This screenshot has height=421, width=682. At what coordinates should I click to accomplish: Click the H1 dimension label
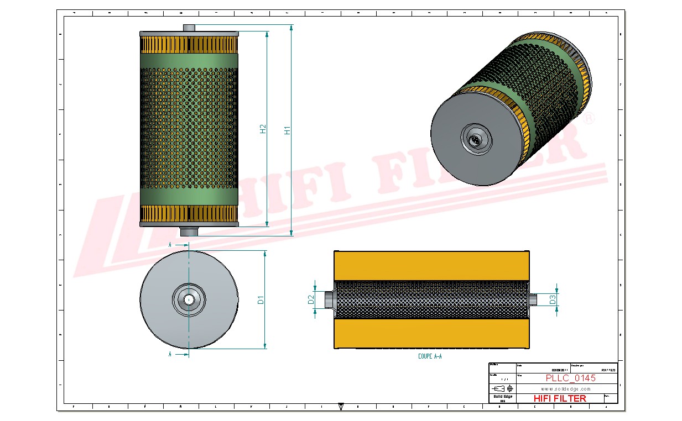coord(287,130)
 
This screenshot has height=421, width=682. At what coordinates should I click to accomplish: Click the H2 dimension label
coord(263,128)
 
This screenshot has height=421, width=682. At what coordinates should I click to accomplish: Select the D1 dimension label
coord(261,299)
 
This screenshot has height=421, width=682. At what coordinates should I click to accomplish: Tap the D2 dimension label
coord(311,299)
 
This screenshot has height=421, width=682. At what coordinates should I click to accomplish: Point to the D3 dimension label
coord(552,299)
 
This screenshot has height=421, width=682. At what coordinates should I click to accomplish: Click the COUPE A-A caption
coord(430,357)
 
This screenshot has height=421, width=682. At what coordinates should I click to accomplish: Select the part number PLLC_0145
coord(570,378)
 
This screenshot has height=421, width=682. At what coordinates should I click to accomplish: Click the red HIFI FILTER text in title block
coord(559,398)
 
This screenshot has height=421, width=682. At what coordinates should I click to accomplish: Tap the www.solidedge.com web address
coord(565,389)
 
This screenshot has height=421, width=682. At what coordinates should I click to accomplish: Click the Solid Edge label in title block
coord(502,397)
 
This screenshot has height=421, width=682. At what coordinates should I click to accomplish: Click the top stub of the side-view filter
coord(189,28)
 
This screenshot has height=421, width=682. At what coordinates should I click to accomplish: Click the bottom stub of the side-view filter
coord(189,231)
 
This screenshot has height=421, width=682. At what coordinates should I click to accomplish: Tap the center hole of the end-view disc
coord(189,299)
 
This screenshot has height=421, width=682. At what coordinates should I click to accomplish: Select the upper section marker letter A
coord(170,244)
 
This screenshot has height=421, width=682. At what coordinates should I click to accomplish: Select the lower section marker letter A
coord(170,354)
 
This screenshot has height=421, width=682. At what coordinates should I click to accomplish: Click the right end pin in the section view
coord(534,299)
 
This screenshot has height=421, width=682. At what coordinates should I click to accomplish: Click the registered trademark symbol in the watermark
coord(590,118)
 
